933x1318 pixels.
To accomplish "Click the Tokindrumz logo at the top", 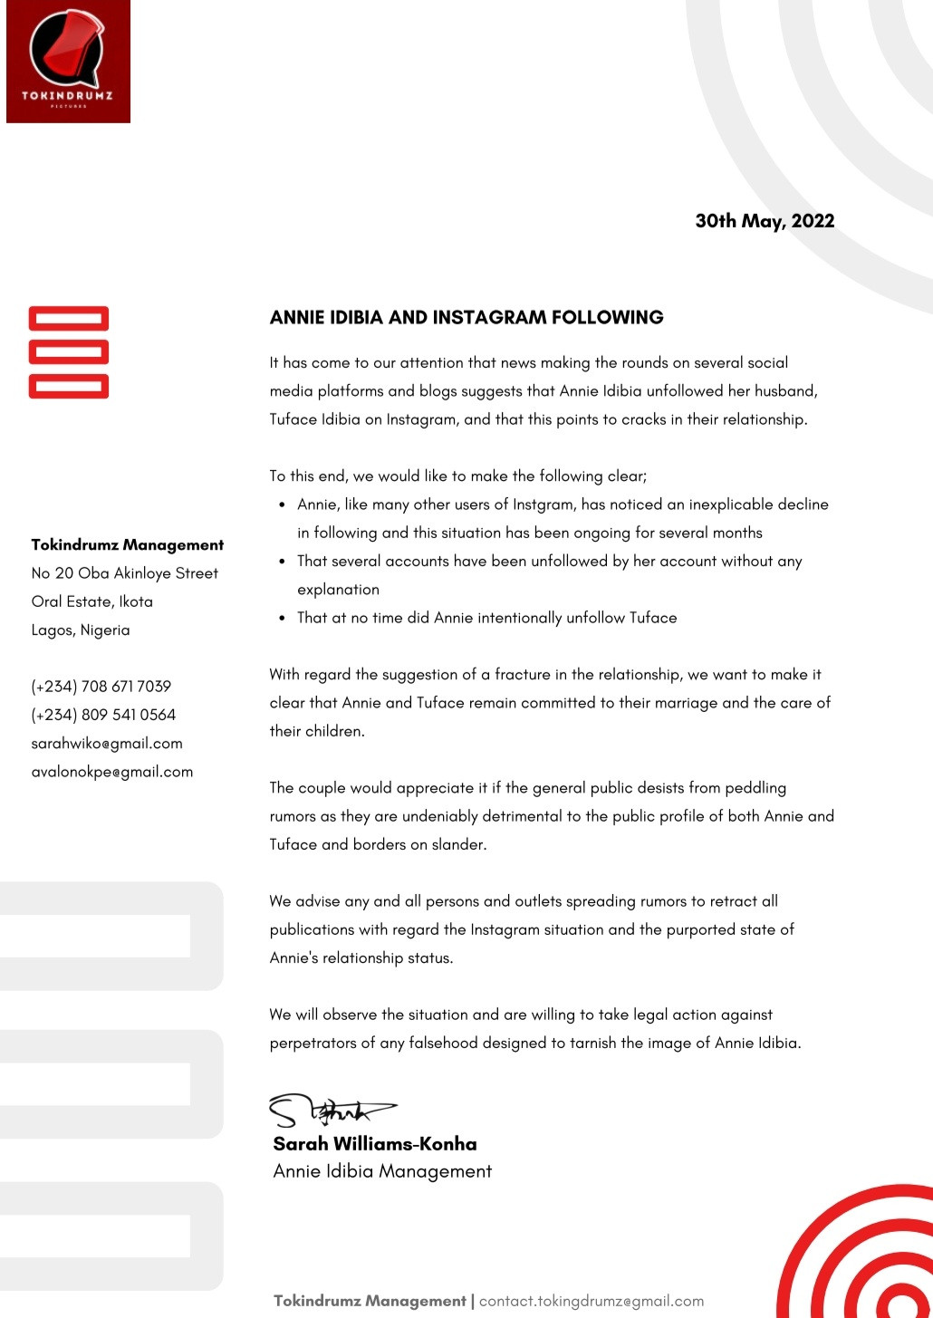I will click(x=68, y=62).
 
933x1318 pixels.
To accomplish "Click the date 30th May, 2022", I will click(x=765, y=221).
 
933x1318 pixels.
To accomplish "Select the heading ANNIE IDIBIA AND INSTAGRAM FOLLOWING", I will click(x=466, y=318).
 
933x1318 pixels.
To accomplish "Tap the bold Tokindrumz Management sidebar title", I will click(x=128, y=545).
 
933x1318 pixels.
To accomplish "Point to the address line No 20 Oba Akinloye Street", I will click(x=125, y=573).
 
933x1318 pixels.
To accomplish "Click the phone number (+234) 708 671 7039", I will click(x=101, y=687).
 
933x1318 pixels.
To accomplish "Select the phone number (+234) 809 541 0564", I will click(x=103, y=715).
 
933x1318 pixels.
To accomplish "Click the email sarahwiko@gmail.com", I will click(x=107, y=744).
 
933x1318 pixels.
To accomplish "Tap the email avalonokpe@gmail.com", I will click(x=112, y=772).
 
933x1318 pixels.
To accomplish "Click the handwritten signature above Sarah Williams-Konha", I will click(x=332, y=1110).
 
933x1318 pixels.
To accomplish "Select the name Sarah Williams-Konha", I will click(x=375, y=1144).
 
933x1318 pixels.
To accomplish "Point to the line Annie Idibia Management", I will click(x=382, y=1171).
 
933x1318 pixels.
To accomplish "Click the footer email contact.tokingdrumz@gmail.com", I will click(x=592, y=1301).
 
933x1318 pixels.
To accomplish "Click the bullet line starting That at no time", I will click(x=486, y=618).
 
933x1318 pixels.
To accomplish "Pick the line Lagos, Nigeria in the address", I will click(x=81, y=630).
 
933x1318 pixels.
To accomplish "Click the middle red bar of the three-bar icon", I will click(x=69, y=352).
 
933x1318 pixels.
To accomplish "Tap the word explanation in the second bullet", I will click(x=338, y=590).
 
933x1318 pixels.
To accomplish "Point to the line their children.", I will click(x=317, y=731).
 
